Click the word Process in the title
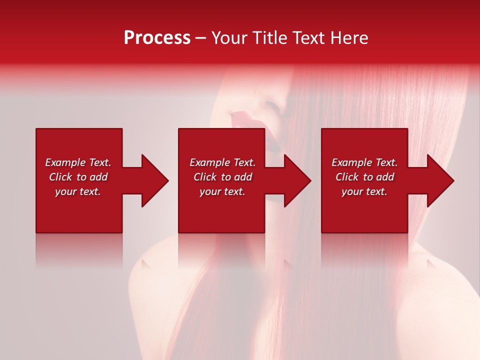pos(157,38)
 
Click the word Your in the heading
pos(230,38)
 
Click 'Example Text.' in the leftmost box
pos(78,162)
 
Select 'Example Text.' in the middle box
pos(222,162)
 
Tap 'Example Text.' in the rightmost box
pos(364,162)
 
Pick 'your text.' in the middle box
pos(222,191)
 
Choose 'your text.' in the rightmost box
pos(364,191)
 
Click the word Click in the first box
pos(60,177)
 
